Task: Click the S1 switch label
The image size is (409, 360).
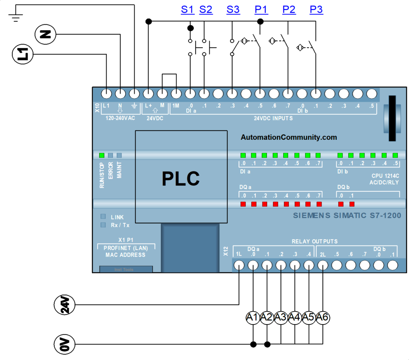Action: pyautogui.click(x=187, y=9)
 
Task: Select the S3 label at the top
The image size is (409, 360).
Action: pyautogui.click(x=233, y=9)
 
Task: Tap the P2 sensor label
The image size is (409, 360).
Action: pyautogui.click(x=289, y=9)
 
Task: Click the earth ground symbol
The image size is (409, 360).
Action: pyautogui.click(x=16, y=17)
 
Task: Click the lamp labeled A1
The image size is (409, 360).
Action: pyautogui.click(x=252, y=318)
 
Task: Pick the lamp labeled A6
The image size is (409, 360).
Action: pyautogui.click(x=322, y=318)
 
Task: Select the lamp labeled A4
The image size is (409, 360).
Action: pyautogui.click(x=295, y=318)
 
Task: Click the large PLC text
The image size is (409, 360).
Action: pyautogui.click(x=181, y=179)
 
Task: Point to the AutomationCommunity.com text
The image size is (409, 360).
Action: pyautogui.click(x=288, y=137)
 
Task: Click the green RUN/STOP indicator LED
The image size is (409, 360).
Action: pyautogui.click(x=101, y=155)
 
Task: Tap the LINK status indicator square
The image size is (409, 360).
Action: pyautogui.click(x=103, y=217)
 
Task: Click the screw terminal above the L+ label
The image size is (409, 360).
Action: pyautogui.click(x=148, y=94)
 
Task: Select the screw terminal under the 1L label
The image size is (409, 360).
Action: pyautogui.click(x=239, y=265)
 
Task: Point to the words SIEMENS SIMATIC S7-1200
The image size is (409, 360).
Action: pyautogui.click(x=347, y=216)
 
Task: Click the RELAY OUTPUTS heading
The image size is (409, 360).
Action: pyautogui.click(x=314, y=241)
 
